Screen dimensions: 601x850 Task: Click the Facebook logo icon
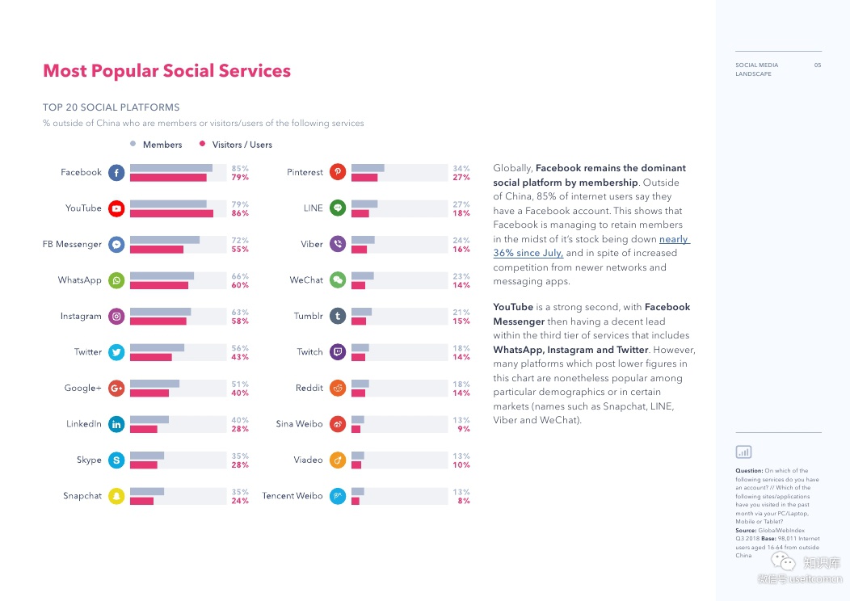point(116,172)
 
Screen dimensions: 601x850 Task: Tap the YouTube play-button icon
point(116,208)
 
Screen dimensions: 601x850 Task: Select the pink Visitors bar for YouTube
point(171,213)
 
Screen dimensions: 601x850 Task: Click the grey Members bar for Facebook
point(171,168)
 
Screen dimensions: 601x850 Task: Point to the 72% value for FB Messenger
point(240,240)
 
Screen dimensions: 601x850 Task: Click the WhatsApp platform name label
point(79,280)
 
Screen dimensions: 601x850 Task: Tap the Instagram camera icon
point(116,317)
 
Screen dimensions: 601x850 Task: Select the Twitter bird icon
point(116,352)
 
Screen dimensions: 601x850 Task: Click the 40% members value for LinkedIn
point(240,420)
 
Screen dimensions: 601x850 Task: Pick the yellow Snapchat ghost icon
point(116,496)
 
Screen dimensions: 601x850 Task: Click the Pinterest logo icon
point(338,172)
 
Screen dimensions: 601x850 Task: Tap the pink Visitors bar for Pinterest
point(364,177)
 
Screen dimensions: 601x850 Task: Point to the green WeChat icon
point(338,280)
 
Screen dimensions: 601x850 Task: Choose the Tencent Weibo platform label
point(292,496)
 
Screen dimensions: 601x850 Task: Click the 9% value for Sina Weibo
point(464,429)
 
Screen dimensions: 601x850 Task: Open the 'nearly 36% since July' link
point(591,246)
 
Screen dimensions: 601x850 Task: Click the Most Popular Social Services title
point(166,71)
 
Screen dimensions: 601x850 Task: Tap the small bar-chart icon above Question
point(743,452)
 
